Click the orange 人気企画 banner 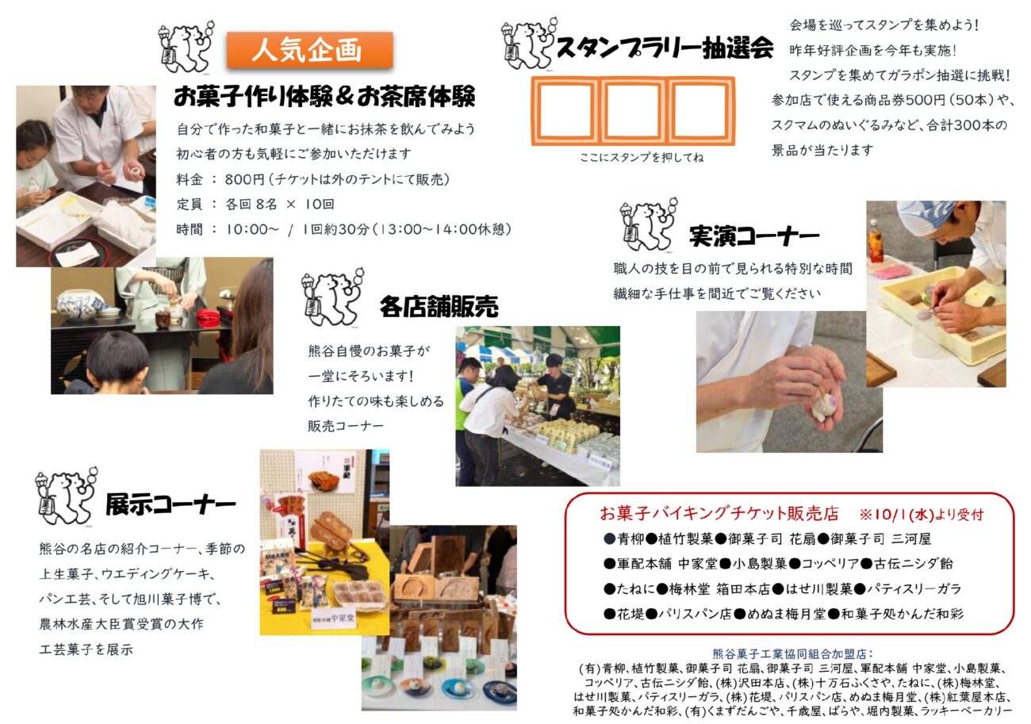point(310,50)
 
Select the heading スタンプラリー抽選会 point(664,48)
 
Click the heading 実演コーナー point(754,236)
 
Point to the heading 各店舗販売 point(439,307)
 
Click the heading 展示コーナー point(171,505)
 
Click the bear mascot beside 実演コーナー point(648,224)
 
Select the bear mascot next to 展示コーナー point(66,496)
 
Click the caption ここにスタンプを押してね point(642,158)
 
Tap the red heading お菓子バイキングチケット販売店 point(719,514)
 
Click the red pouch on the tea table point(208,317)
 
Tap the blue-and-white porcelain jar point(79,304)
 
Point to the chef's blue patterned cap point(926,213)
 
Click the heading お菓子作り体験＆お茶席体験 point(324,97)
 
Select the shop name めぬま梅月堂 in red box point(786,614)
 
